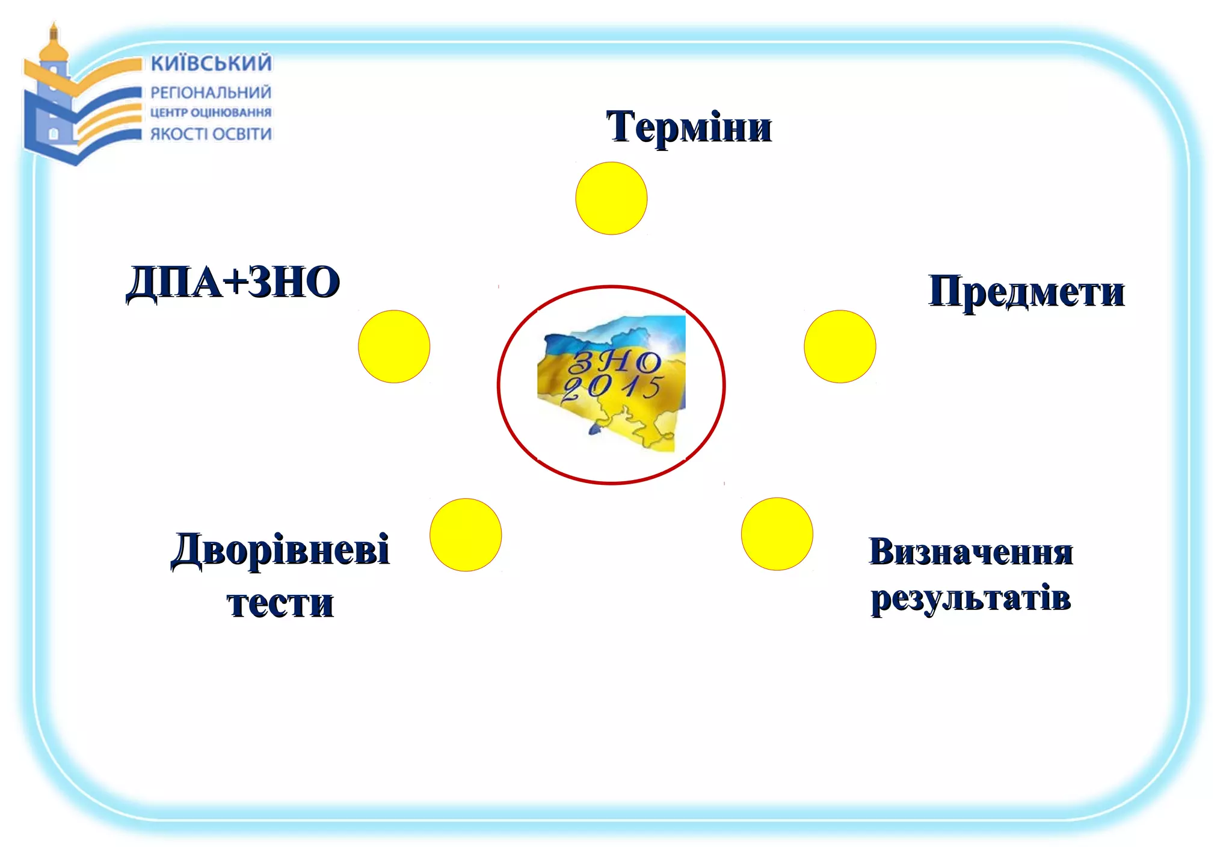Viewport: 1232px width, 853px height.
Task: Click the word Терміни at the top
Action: click(688, 127)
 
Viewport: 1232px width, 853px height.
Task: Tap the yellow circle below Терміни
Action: click(611, 198)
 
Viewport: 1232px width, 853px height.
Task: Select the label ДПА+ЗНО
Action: click(233, 282)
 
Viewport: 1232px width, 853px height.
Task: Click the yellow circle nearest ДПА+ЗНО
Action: click(394, 346)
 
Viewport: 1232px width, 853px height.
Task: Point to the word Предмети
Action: click(1026, 292)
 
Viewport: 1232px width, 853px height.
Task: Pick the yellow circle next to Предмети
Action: click(840, 346)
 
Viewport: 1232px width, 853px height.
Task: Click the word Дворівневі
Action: click(280, 550)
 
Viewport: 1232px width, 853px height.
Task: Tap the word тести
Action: click(280, 603)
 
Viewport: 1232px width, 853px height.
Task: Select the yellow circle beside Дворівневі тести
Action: click(466, 534)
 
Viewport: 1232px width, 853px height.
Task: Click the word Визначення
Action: click(971, 552)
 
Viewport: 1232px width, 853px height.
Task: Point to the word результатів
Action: click(971, 598)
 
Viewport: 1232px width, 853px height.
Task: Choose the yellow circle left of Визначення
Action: click(777, 534)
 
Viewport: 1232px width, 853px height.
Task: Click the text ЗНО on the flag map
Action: click(615, 362)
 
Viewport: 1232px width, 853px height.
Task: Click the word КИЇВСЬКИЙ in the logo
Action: click(211, 63)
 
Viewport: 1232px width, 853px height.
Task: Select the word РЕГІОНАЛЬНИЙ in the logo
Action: click(211, 93)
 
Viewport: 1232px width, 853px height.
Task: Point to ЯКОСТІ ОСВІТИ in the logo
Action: click(211, 134)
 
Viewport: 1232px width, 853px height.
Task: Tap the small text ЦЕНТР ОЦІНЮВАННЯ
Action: click(211, 112)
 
